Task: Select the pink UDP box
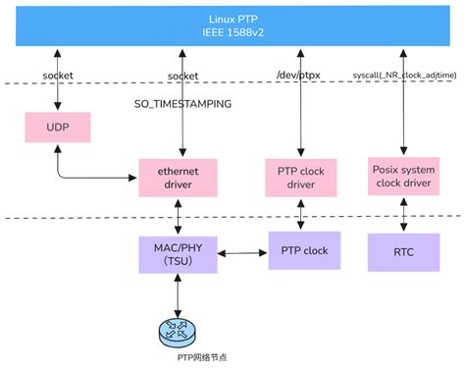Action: tap(55, 129)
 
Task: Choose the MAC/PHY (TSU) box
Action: tap(179, 250)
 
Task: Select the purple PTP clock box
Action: tap(304, 250)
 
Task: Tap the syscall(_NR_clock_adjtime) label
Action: tap(406, 75)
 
